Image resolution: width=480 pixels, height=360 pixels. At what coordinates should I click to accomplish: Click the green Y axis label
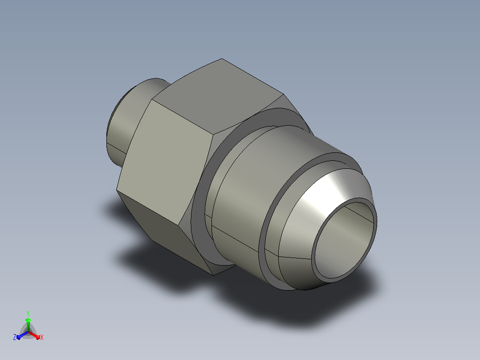[x=28, y=313]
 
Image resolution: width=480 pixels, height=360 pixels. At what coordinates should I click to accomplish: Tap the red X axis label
[x=42, y=337]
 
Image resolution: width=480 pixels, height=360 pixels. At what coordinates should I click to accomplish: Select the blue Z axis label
[x=15, y=337]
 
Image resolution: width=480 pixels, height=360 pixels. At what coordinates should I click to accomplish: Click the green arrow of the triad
[x=28, y=324]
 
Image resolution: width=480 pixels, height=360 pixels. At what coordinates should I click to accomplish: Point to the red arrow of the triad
[x=34, y=335]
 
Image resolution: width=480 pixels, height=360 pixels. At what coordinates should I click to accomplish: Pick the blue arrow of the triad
[x=23, y=335]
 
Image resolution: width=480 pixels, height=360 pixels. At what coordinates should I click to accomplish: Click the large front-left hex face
[x=165, y=162]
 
